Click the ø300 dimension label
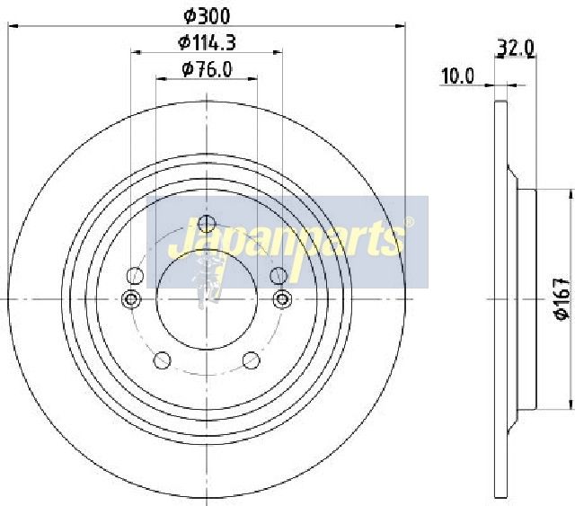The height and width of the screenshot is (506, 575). pos(207,16)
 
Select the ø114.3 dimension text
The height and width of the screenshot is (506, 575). pos(207,42)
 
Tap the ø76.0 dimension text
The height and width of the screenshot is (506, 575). pos(207,69)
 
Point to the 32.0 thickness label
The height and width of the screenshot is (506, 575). pos(515,48)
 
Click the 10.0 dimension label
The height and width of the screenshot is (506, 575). pos(457,76)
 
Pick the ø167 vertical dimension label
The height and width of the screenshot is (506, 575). pos(562,298)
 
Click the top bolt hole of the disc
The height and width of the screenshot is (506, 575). pos(207,224)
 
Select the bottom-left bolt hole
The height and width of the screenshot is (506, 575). pos(162,360)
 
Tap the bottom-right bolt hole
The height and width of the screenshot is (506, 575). pos(252,360)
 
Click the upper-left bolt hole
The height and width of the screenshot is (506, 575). pos(135,276)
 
